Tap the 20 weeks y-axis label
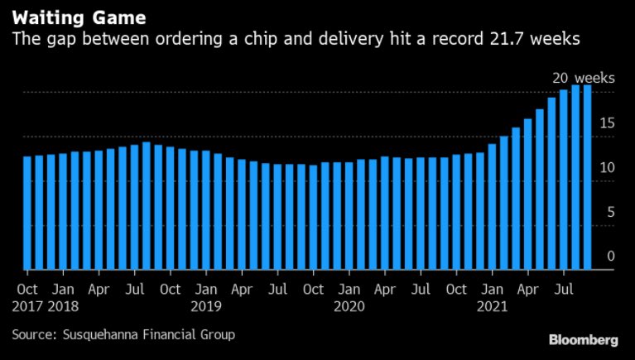pyautogui.click(x=583, y=78)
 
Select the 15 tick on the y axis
pyautogui.click(x=607, y=122)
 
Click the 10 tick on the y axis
pyautogui.click(x=607, y=167)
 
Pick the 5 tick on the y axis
pyautogui.click(x=610, y=212)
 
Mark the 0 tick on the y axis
pyautogui.click(x=610, y=256)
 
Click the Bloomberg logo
pyautogui.click(x=583, y=339)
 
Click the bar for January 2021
pyautogui.click(x=492, y=207)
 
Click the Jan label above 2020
pyautogui.click(x=349, y=290)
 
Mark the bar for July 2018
pyautogui.click(x=134, y=207)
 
